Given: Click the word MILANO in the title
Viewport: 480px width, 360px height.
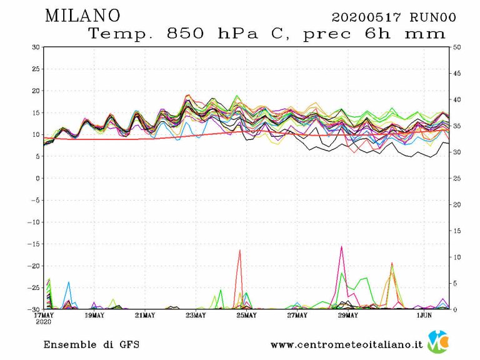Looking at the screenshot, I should click(82, 16).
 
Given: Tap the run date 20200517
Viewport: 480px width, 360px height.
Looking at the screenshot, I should click(366, 17).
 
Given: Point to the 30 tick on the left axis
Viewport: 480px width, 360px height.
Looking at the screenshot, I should click(36, 47).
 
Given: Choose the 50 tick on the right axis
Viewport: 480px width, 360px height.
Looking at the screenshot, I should click(457, 47).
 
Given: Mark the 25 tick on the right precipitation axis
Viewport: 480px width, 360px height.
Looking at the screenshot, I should click(457, 178).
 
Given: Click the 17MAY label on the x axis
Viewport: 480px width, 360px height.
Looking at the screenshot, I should click(44, 315).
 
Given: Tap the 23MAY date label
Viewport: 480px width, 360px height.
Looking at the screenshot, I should click(196, 315).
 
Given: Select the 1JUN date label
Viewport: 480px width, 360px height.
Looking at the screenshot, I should click(424, 315).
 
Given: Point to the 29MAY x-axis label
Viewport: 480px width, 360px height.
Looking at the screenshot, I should click(347, 315).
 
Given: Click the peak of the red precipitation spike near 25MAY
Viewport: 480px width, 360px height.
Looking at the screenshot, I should click(239, 250).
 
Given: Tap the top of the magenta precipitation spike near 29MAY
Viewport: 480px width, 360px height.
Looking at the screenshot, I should click(341, 246).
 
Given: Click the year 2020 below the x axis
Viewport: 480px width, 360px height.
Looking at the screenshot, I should click(44, 322).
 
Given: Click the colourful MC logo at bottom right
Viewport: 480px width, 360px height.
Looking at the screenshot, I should click(437, 342).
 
